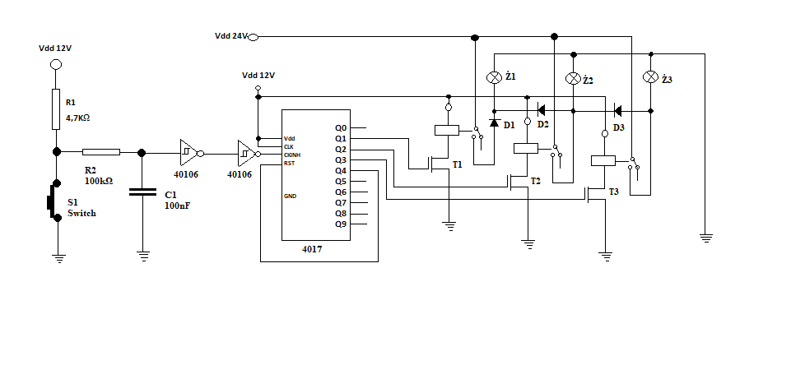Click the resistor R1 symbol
[56, 109]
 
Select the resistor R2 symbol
[101, 152]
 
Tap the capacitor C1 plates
[142, 192]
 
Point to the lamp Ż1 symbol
[494, 77]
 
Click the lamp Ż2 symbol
[573, 78]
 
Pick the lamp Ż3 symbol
[650, 77]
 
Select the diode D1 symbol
[494, 122]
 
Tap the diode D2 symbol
[541, 110]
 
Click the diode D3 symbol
[617, 110]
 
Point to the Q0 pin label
[341, 127]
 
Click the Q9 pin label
[341, 224]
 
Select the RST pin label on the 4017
[289, 163]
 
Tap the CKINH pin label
[292, 155]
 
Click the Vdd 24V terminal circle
[253, 37]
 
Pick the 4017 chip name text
[312, 250]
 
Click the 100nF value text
[178, 206]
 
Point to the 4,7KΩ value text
[78, 118]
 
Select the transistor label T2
[536, 181]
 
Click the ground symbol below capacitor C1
[143, 256]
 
